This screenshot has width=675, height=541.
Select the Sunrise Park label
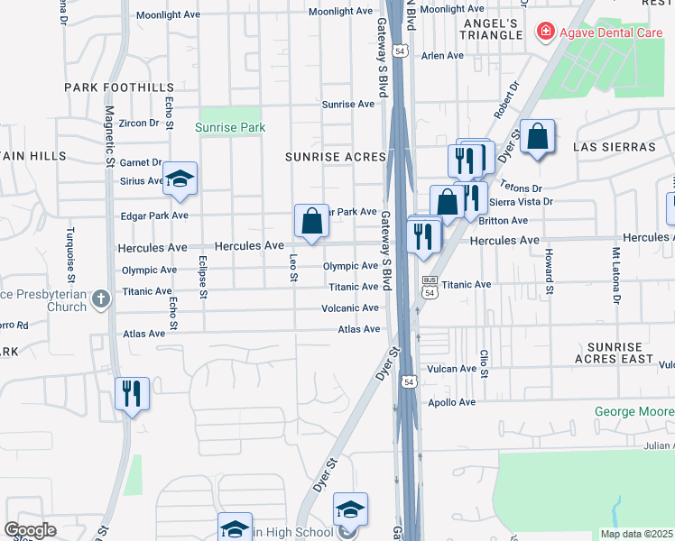click(230, 128)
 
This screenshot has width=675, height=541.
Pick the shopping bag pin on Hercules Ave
click(311, 220)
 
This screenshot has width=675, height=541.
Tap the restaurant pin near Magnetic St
click(132, 393)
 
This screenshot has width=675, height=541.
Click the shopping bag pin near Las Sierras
click(537, 137)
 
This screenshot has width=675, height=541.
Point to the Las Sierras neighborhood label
click(614, 147)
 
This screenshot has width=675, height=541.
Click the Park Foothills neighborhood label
click(119, 87)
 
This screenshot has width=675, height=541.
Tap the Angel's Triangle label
click(492, 29)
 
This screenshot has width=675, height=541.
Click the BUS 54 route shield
click(430, 288)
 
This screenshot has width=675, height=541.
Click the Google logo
click(30, 530)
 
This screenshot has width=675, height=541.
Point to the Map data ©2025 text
click(635, 534)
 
